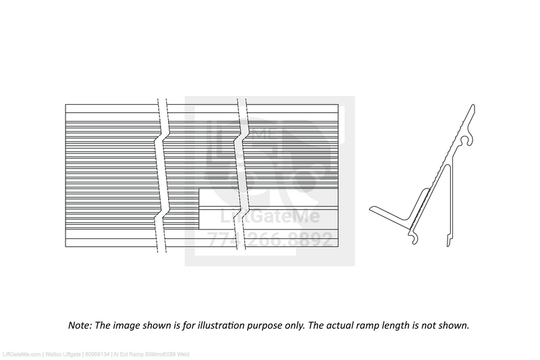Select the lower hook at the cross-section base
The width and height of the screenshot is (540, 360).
[414, 237]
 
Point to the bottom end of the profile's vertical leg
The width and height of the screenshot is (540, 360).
[448, 241]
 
